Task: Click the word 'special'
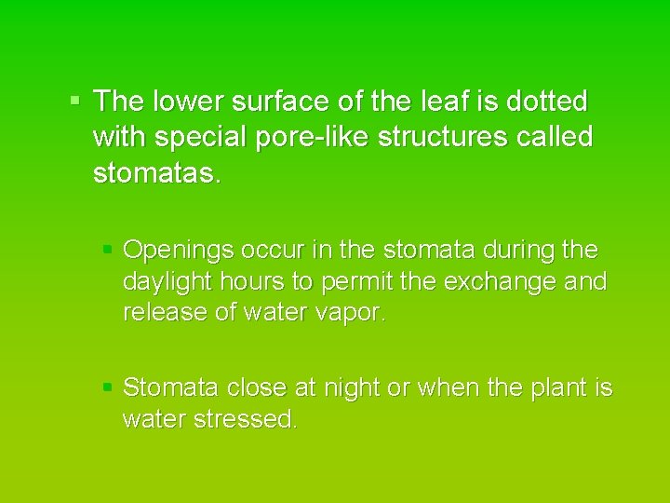click(x=201, y=138)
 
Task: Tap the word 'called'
click(x=557, y=138)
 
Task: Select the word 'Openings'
click(x=179, y=251)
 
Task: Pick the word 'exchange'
click(x=498, y=281)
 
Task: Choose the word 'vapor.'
click(x=351, y=312)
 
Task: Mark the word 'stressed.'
click(x=246, y=419)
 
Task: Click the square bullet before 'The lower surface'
click(x=76, y=98)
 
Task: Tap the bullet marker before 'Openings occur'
click(x=107, y=249)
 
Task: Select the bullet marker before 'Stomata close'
click(x=107, y=386)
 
